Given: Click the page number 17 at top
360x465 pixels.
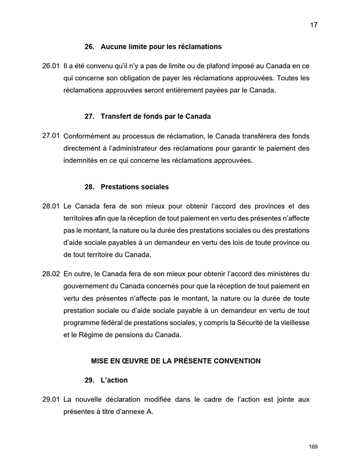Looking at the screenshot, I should coord(313,25).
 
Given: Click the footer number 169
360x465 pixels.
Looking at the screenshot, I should coord(313,447).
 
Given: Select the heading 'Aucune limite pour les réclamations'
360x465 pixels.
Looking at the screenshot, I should coord(161,46).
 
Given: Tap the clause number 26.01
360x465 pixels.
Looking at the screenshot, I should coord(51,66).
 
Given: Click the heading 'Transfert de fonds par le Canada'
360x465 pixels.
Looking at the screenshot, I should coord(155,116).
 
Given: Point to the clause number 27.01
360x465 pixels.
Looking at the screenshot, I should coord(51,136).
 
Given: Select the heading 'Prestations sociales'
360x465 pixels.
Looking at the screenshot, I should coord(134,187).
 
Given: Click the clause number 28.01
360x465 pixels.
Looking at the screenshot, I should coord(51,206).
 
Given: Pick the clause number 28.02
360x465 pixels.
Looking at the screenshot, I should coord(51,273).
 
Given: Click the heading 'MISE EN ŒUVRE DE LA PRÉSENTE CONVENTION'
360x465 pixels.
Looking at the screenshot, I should coord(175,361).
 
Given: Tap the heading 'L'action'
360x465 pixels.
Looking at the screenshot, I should coord(114,380).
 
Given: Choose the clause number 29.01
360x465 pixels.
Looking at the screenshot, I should coord(51,399).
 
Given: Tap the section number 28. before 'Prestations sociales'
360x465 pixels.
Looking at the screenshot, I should coord(89,187).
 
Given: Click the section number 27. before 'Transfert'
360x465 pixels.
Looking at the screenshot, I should coord(89,116).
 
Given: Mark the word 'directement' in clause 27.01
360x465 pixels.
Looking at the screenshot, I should coord(81,148).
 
